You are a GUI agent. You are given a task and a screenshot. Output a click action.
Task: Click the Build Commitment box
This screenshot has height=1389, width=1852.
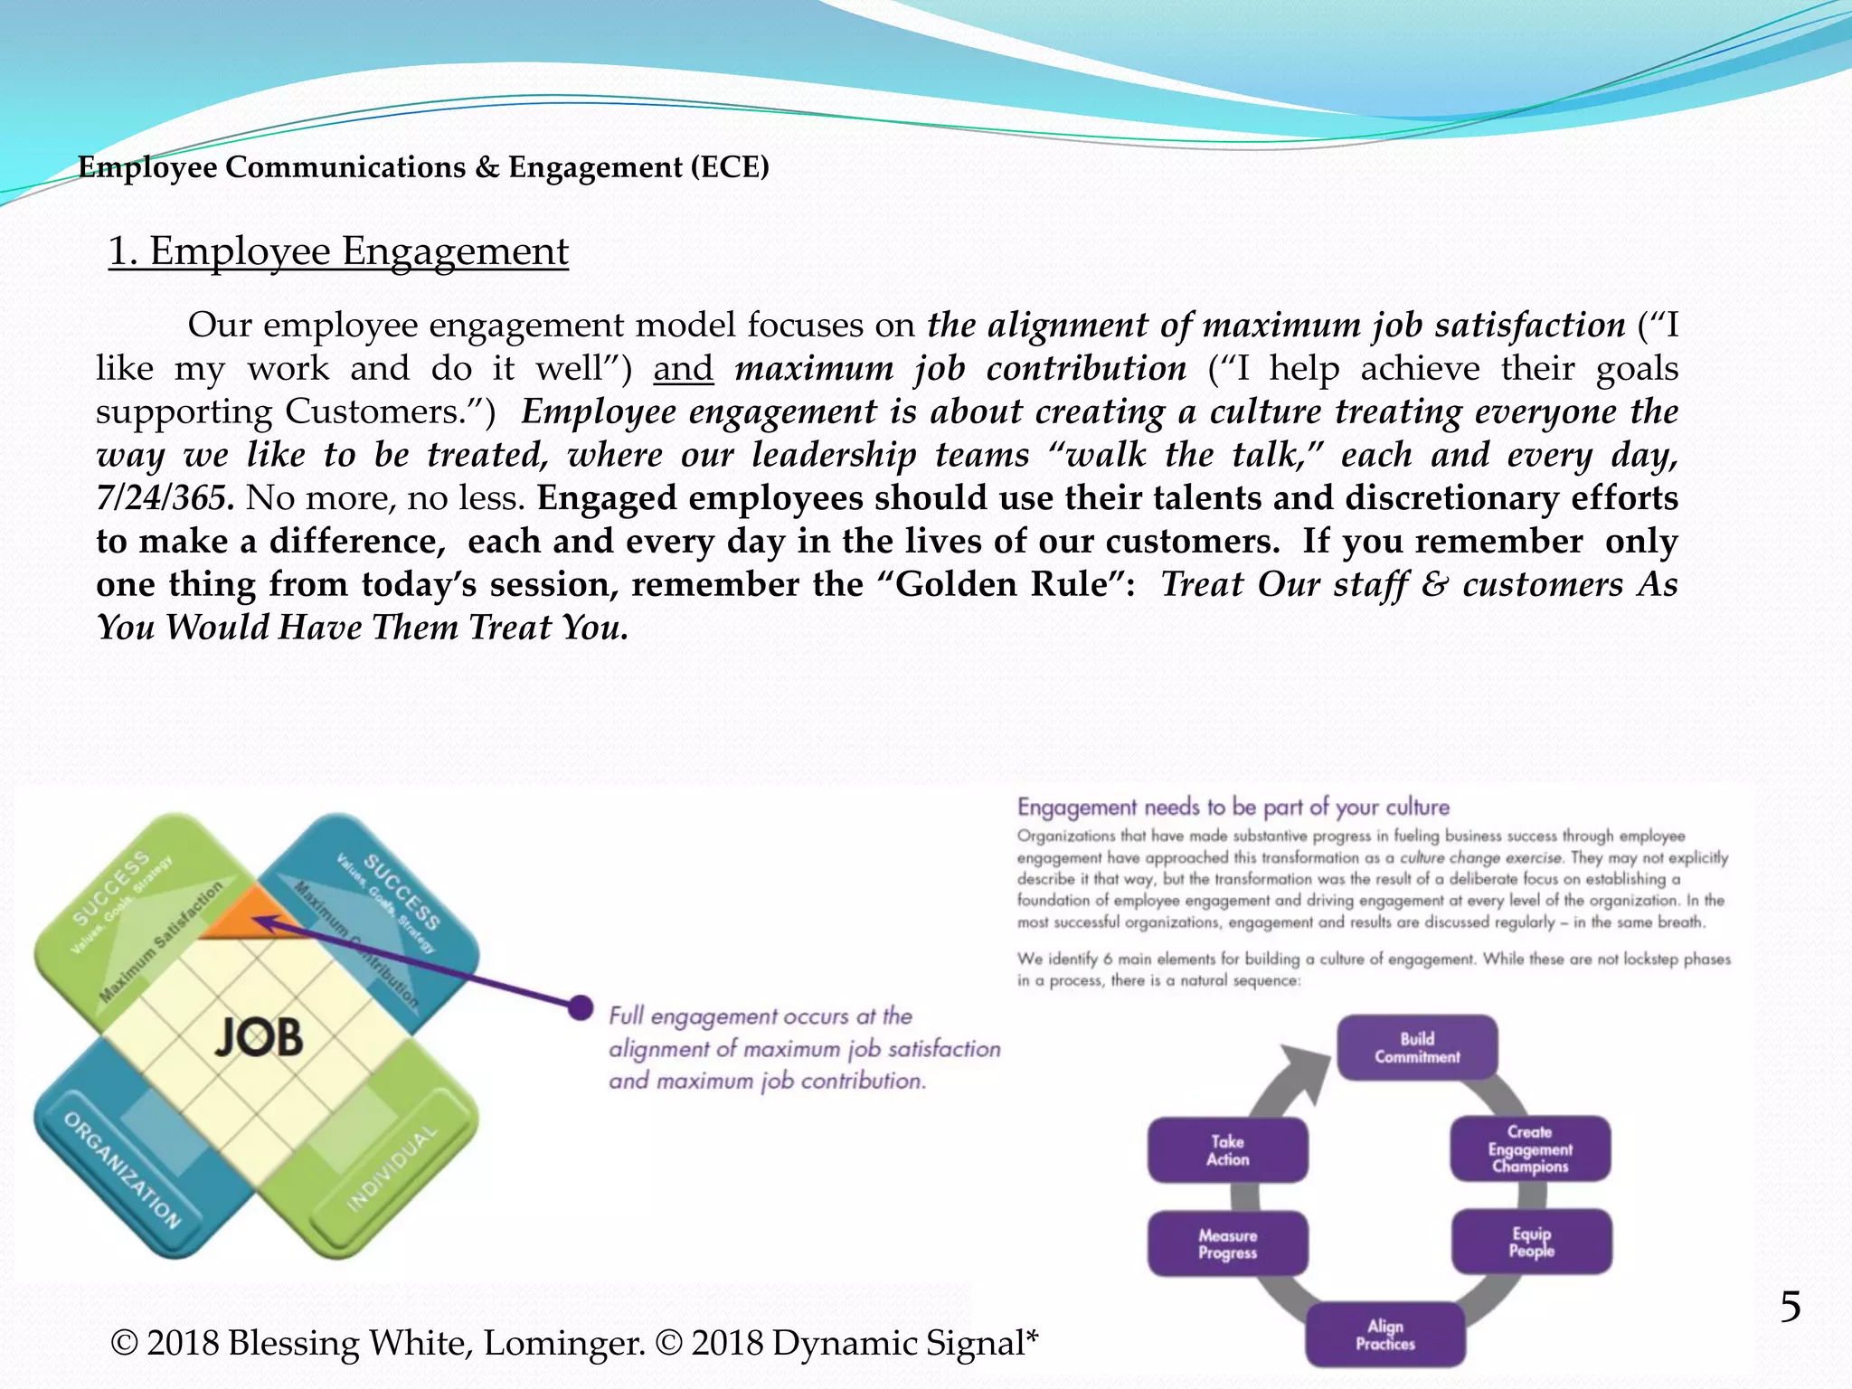[x=1417, y=1047]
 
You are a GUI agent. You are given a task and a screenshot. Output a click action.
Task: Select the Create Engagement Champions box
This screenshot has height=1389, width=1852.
[x=1530, y=1148]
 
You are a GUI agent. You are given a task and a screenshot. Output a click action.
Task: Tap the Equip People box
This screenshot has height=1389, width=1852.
[x=1531, y=1242]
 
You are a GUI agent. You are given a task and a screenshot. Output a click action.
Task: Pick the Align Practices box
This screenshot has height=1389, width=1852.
[x=1384, y=1334]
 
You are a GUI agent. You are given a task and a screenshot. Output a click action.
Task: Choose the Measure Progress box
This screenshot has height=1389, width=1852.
[x=1227, y=1243]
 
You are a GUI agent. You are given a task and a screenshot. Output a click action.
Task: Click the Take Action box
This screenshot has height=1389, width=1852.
[x=1227, y=1150]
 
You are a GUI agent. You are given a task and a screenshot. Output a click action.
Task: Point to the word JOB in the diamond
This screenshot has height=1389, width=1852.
[x=259, y=1036]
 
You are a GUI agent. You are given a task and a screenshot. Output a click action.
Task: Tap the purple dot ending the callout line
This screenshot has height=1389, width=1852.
[x=580, y=1007]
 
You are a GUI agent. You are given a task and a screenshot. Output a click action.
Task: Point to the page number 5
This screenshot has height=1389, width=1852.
[x=1790, y=1307]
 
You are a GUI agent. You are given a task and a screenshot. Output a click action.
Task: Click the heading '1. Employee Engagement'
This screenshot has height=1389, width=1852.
[x=338, y=251]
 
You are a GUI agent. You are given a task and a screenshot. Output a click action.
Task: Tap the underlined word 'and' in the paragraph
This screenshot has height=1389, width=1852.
[x=683, y=368]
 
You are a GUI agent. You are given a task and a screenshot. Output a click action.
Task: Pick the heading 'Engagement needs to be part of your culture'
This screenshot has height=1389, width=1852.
[x=1233, y=807]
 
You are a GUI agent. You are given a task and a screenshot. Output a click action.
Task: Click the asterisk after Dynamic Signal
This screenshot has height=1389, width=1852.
[x=1032, y=1336]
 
